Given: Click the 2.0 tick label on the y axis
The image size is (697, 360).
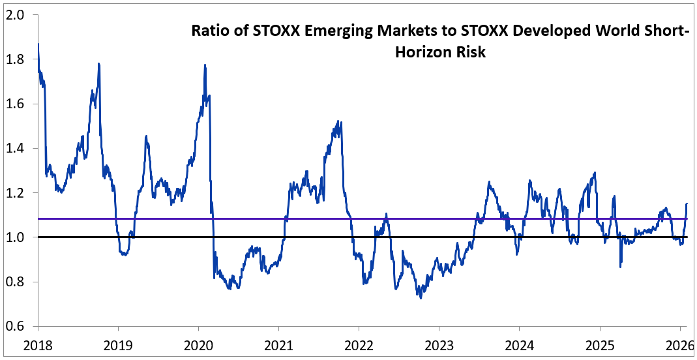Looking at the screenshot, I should (x=16, y=15).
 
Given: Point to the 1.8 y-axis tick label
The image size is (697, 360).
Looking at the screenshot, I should (x=16, y=59).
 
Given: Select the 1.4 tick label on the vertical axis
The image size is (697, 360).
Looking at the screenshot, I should (x=16, y=149).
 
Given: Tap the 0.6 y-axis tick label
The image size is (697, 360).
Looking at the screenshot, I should (x=16, y=327).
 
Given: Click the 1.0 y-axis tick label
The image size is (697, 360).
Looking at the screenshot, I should (x=16, y=237).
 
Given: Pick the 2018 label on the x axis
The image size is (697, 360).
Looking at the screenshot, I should (x=38, y=344).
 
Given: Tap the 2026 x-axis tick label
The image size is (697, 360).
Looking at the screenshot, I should (x=679, y=344).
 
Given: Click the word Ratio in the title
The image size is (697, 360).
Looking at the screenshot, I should (x=209, y=31).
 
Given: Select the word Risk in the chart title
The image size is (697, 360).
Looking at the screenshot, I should (x=473, y=53).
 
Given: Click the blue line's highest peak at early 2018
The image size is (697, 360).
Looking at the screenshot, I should (x=38, y=44).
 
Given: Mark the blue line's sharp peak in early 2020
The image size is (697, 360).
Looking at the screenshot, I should (x=205, y=65).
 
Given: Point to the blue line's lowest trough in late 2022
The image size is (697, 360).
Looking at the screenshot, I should (x=421, y=298).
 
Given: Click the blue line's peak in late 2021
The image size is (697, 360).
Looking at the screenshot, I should (x=338, y=121).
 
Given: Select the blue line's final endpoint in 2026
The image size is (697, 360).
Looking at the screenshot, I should (x=687, y=204).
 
